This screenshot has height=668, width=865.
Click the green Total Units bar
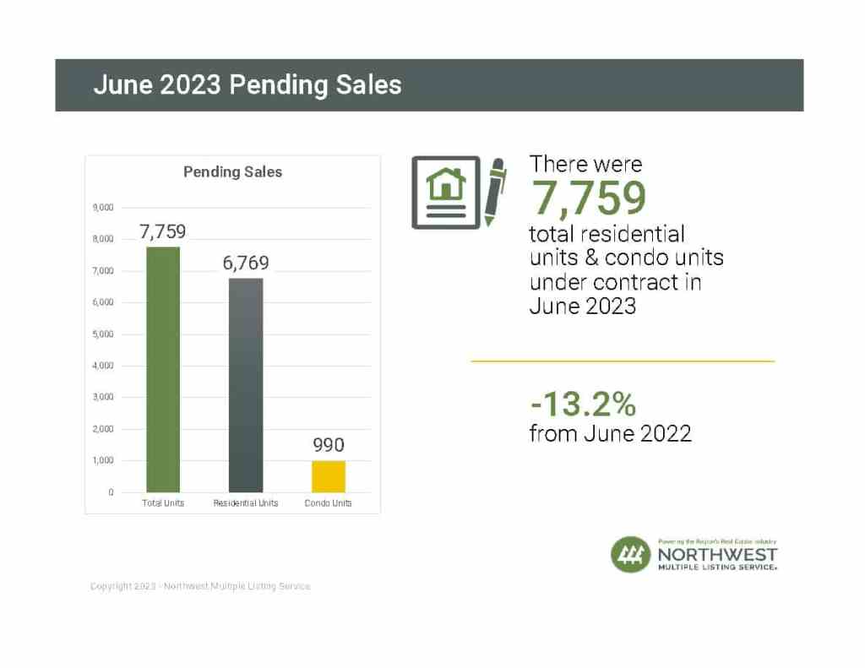(x=163, y=369)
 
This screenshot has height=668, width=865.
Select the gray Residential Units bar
(x=246, y=385)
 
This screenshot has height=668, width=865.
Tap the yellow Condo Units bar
(x=329, y=476)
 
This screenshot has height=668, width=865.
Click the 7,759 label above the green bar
(x=163, y=231)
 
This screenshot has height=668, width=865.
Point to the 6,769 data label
(x=246, y=263)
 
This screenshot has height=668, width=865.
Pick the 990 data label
(x=329, y=445)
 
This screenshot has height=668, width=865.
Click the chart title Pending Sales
(x=233, y=171)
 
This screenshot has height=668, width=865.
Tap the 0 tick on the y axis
(x=111, y=492)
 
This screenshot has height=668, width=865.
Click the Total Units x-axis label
(x=163, y=503)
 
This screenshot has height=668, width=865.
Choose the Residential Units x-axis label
(x=246, y=503)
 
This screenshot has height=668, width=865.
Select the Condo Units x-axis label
(x=329, y=503)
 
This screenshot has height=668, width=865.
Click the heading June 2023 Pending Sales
(x=248, y=85)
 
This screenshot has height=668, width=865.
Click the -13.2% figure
(x=582, y=405)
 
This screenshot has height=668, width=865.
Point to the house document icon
(x=445, y=193)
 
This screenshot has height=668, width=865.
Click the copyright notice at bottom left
(x=200, y=586)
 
